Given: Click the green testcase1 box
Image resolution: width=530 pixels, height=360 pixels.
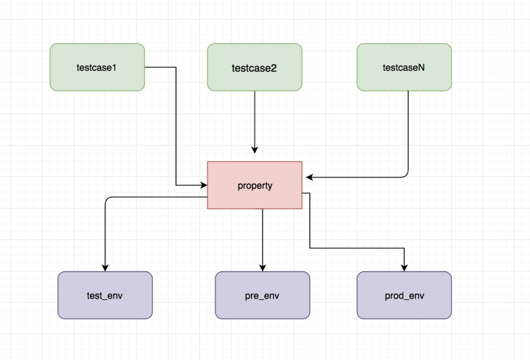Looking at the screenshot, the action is pos(97,67).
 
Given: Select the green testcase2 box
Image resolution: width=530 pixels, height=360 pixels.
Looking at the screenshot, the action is pos(255,67).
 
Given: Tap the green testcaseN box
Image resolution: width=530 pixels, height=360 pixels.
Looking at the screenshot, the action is pos(404,67).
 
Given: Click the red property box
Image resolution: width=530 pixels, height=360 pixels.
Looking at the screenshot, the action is pos(255,185).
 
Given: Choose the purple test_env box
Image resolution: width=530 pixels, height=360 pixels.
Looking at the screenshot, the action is pos(105,295).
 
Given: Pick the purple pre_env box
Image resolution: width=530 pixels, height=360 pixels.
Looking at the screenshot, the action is pos(263,295).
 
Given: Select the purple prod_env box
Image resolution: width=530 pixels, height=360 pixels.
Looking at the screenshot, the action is pos(404,295).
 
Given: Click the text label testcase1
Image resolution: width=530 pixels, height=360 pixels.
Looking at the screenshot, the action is pos(96,68).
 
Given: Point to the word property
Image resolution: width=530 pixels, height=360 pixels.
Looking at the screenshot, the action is pos(255,186).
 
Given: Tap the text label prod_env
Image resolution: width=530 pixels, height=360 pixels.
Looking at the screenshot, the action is pos(404,296).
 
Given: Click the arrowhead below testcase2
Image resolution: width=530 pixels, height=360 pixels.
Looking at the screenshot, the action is pos(255,150).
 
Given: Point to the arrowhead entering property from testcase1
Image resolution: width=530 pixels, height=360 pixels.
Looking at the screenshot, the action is pos(204,185).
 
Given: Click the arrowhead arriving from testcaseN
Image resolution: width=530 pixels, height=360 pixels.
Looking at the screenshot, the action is pos(310,177).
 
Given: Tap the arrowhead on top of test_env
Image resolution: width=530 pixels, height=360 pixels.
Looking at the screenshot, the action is pos(105,268).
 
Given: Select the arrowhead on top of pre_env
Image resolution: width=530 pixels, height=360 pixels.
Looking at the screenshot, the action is pos(263,268).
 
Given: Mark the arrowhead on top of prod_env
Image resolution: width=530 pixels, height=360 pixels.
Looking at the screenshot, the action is pos(404,268).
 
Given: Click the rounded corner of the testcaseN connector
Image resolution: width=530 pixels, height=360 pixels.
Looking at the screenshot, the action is pos(406,175).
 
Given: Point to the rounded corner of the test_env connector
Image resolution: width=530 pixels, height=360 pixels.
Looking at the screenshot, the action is pos(107,199).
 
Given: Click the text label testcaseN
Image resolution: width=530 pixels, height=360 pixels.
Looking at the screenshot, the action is pos(403,68).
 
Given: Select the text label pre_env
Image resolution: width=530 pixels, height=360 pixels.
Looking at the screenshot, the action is pos(262,296).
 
